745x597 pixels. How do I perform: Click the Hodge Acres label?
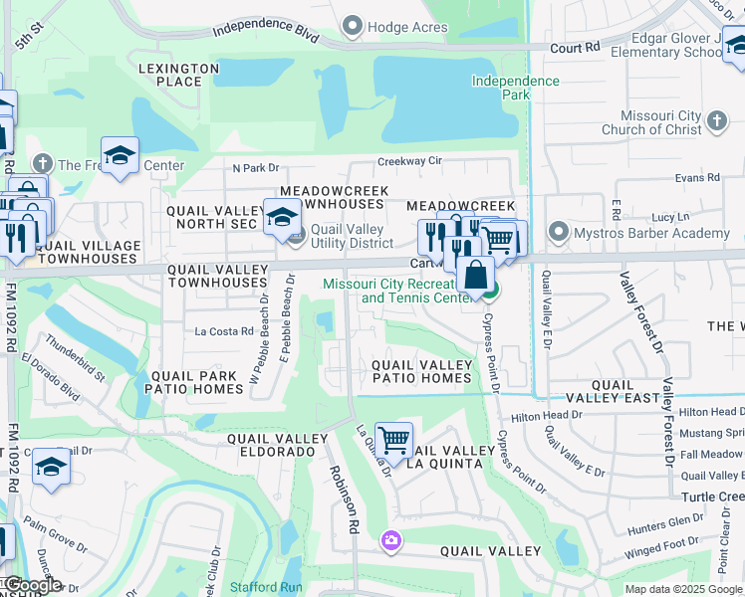[407, 27]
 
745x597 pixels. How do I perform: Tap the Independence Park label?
[515, 88]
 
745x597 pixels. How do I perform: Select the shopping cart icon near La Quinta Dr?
[394, 439]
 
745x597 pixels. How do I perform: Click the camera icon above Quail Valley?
[390, 540]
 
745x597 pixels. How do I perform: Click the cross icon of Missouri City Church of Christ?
[715, 121]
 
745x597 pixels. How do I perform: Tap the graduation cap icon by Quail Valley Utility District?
[283, 216]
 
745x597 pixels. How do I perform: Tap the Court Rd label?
[578, 47]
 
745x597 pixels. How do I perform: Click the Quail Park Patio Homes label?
[195, 382]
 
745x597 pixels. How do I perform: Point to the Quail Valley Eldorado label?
[271, 445]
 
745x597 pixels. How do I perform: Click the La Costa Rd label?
[224, 331]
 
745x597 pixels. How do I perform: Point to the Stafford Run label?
[266, 588]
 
